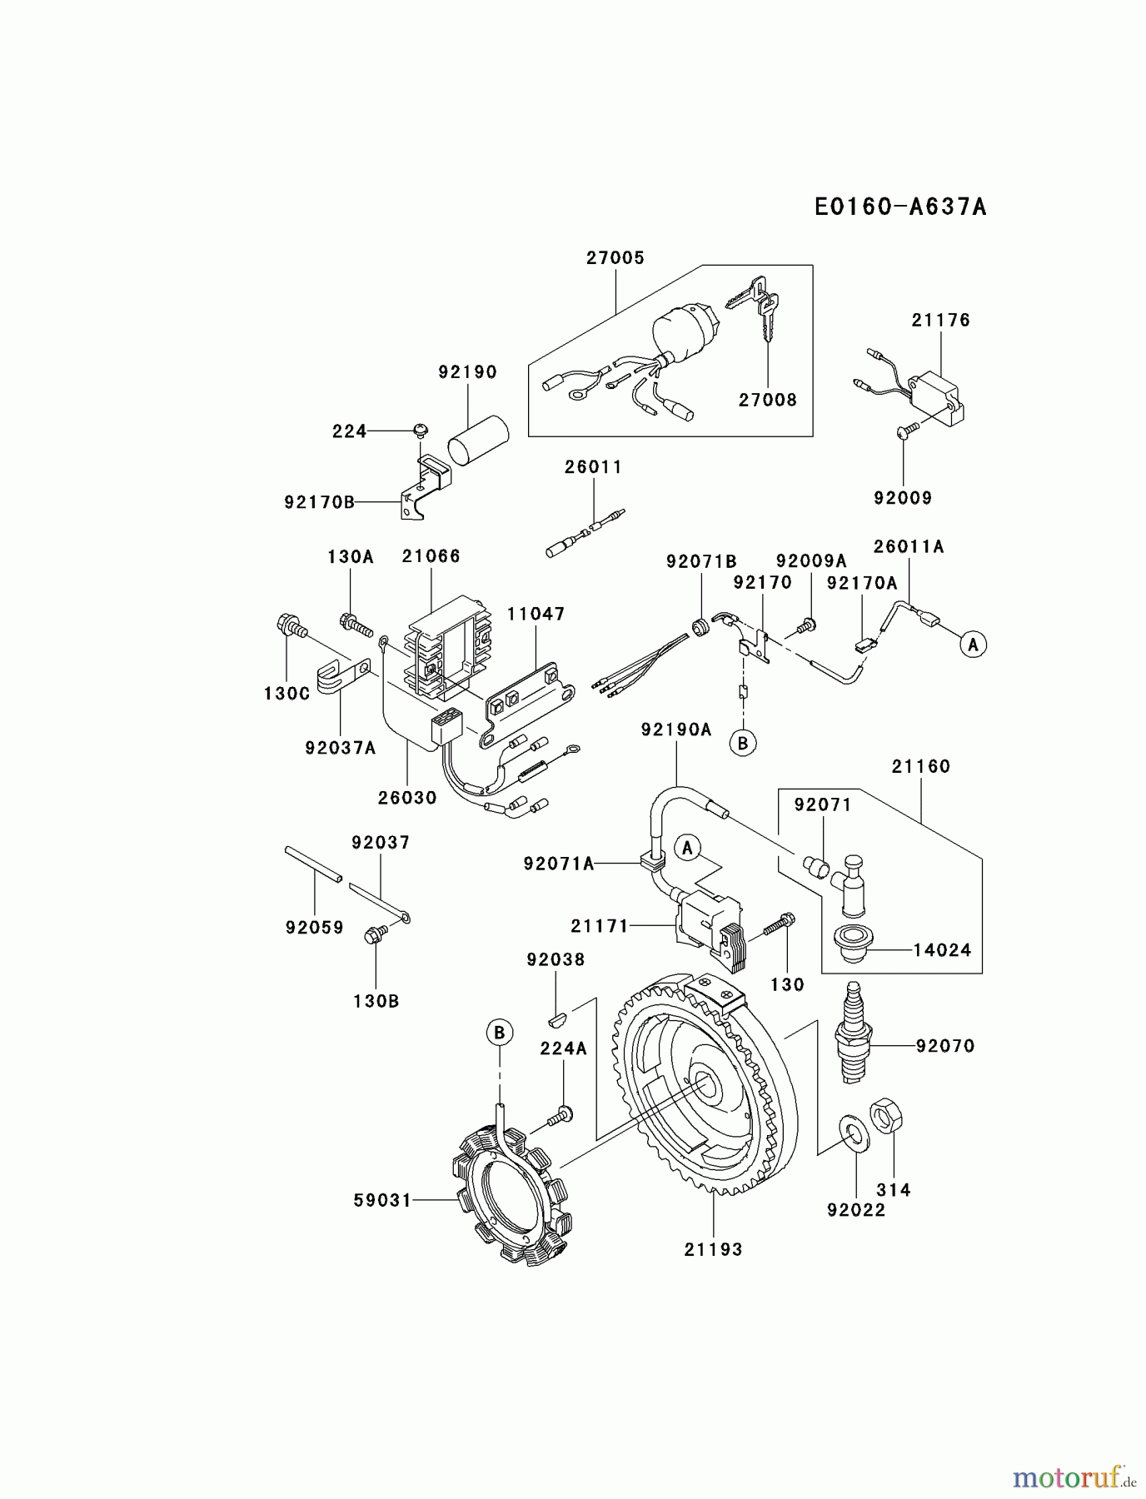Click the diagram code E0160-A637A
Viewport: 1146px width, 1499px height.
pos(900,207)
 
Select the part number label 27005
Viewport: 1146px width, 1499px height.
pos(615,258)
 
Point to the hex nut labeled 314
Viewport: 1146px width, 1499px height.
pos(887,1116)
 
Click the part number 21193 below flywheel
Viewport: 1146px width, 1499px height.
pos(713,1249)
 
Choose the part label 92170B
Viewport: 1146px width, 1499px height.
pos(319,502)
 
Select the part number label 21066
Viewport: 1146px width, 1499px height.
pos(431,556)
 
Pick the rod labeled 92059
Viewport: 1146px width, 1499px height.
pos(313,863)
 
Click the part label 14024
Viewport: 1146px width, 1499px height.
pos(942,950)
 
